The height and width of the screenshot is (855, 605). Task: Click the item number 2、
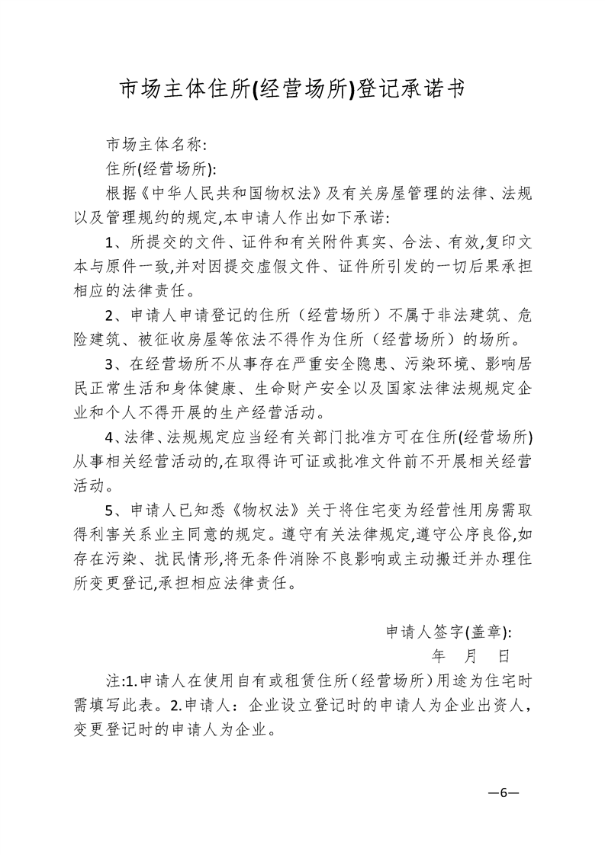coord(114,315)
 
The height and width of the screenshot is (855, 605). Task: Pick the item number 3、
coord(114,365)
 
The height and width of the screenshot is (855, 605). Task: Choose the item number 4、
coord(114,437)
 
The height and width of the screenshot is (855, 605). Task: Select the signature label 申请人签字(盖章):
coord(449,632)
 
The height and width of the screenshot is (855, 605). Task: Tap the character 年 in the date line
coord(439,655)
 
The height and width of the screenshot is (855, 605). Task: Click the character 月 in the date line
coord(471,655)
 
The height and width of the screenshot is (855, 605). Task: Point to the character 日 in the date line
coord(504,655)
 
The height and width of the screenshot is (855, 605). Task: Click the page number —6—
coord(504,793)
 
